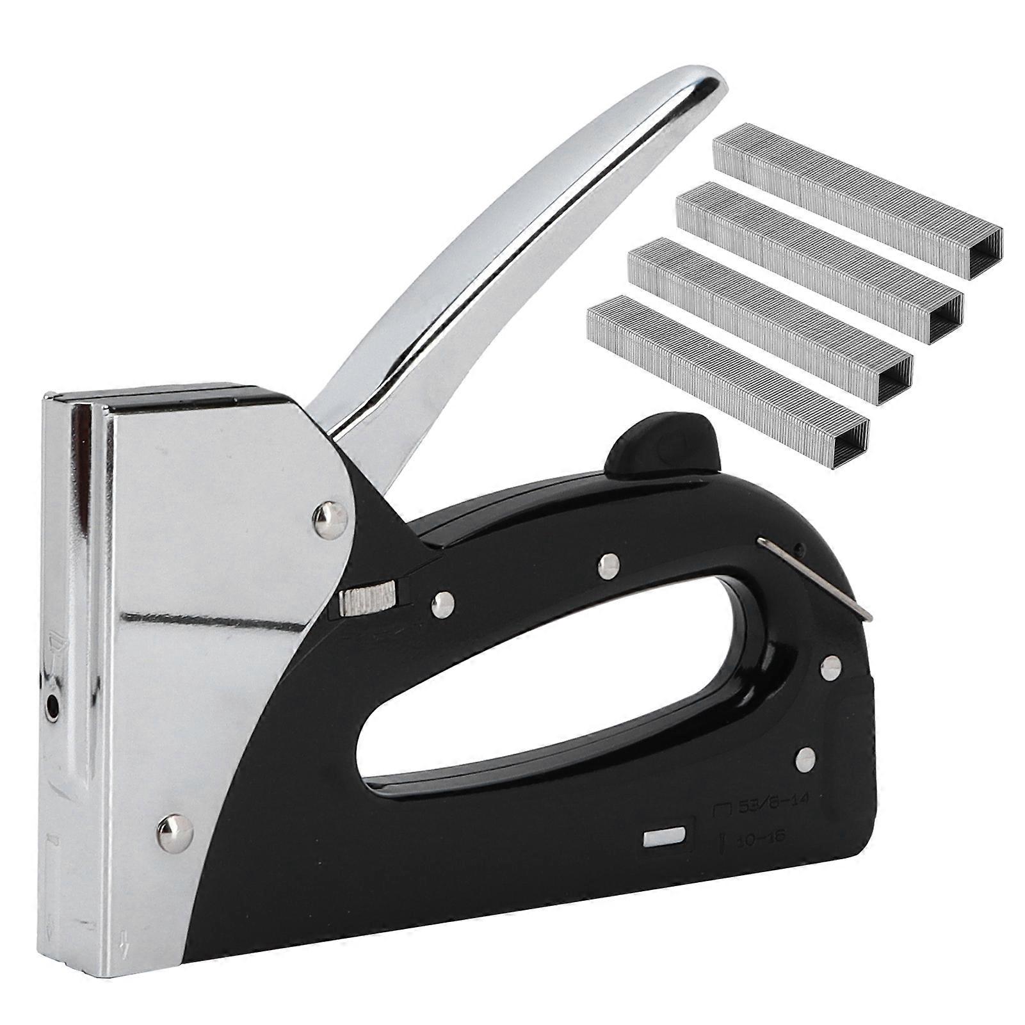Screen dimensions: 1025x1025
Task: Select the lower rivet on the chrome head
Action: [175, 831]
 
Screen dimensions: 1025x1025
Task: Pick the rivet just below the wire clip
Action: [830, 668]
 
